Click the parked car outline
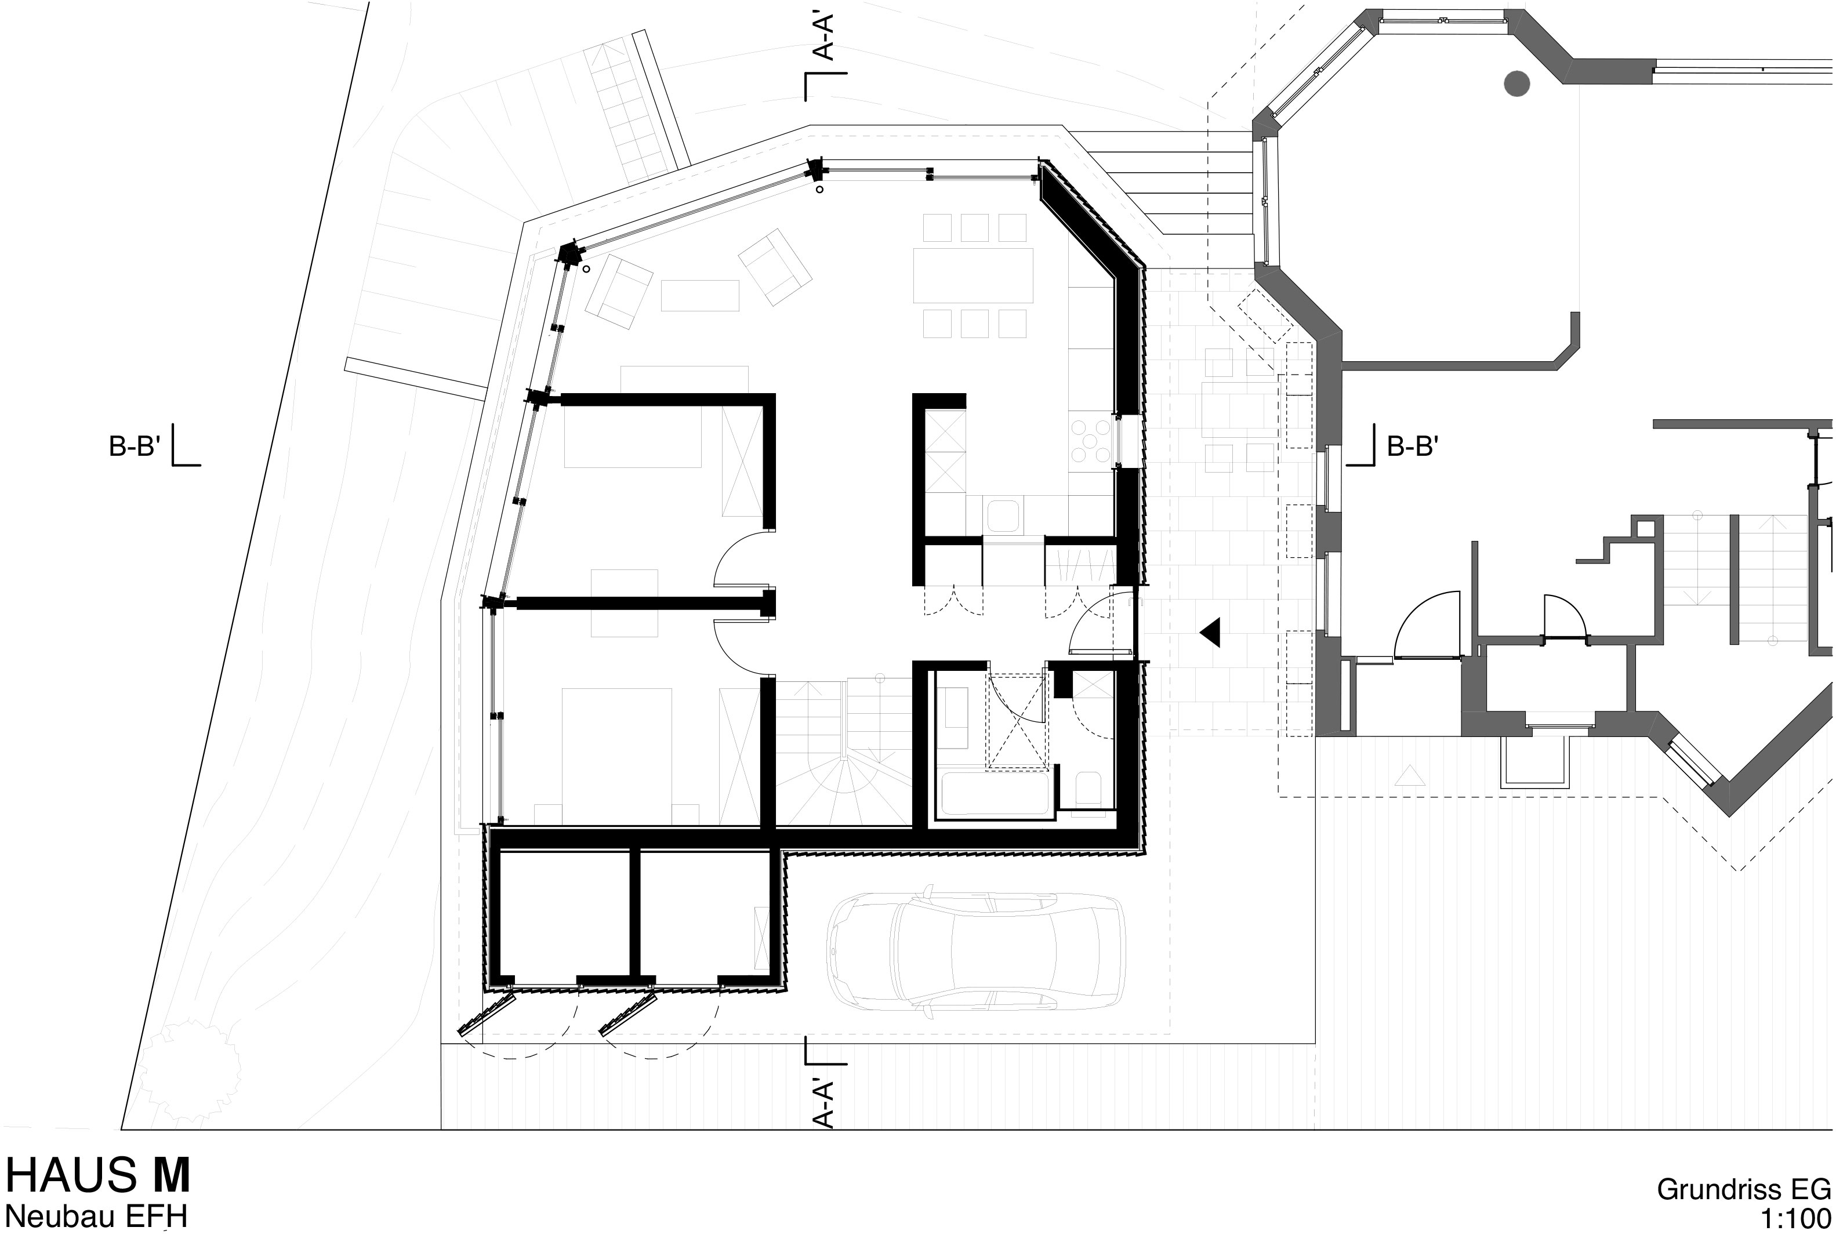pyautogui.click(x=975, y=950)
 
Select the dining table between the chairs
pyautogui.click(x=973, y=275)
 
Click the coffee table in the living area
pyautogui.click(x=699, y=295)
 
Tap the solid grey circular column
pyautogui.click(x=1516, y=83)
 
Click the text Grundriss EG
pyautogui.click(x=1743, y=1189)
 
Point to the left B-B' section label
pyautogui.click(x=134, y=447)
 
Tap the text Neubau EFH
pyautogui.click(x=96, y=1217)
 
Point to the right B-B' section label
pyautogui.click(x=1412, y=447)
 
